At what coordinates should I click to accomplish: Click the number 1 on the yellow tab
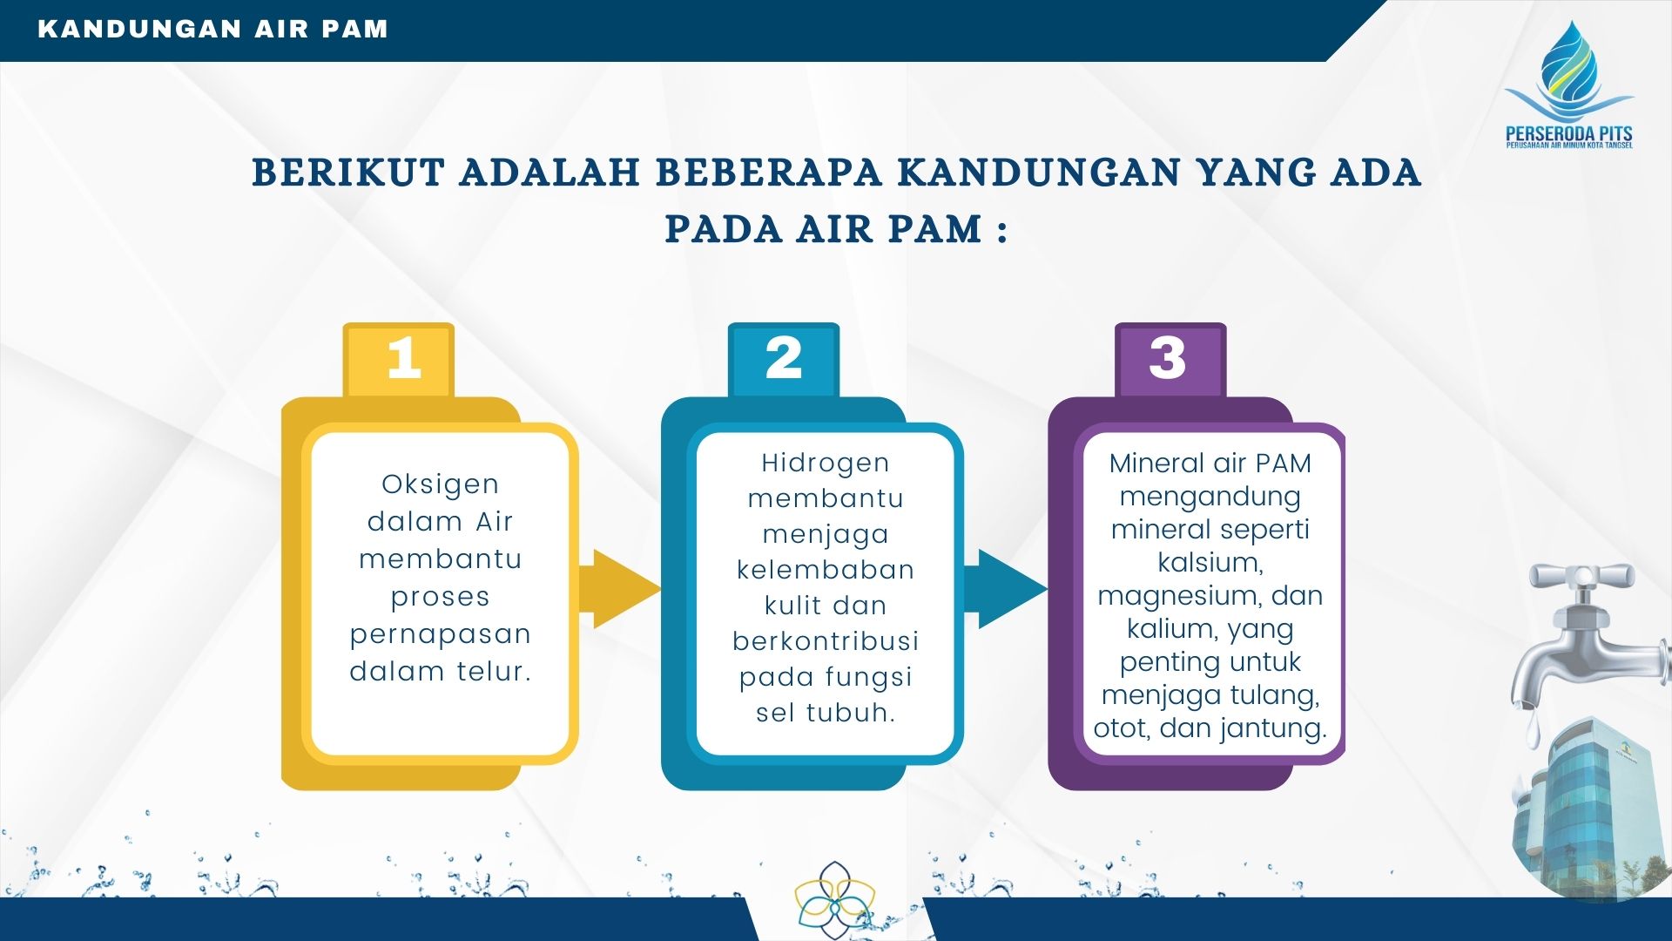404,357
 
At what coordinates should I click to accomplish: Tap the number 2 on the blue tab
784,357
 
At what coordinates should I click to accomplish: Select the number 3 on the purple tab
1168,357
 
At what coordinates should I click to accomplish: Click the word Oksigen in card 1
441,484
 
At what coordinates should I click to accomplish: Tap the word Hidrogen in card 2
826,463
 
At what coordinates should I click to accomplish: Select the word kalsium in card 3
1210,563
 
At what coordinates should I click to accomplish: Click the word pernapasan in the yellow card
441,634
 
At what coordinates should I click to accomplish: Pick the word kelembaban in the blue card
826,570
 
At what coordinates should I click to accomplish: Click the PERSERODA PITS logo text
1569,136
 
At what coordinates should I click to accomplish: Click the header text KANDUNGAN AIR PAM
213,29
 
